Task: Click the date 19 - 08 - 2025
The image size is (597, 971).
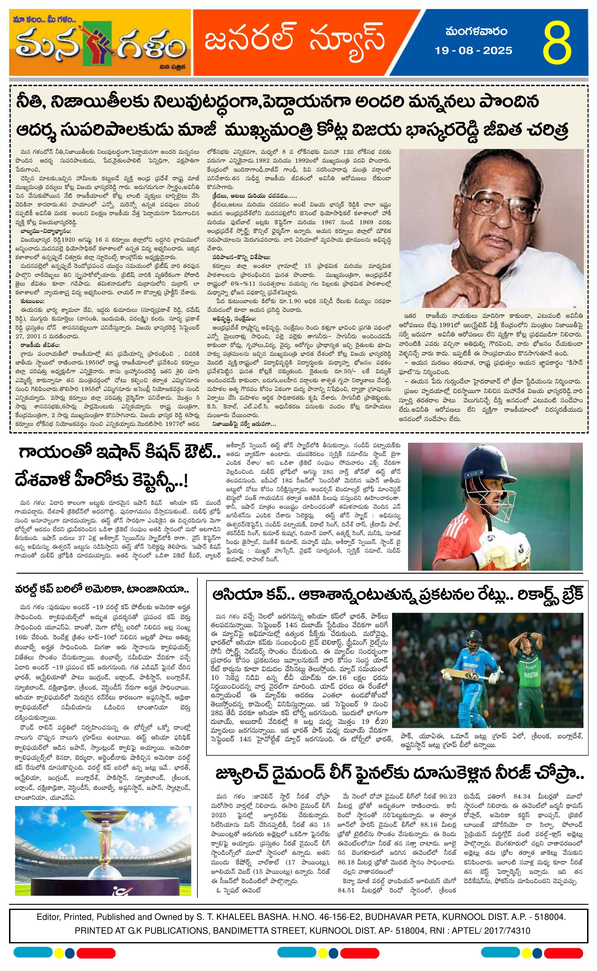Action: click(x=473, y=51)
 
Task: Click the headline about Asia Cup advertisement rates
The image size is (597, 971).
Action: click(x=397, y=595)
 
